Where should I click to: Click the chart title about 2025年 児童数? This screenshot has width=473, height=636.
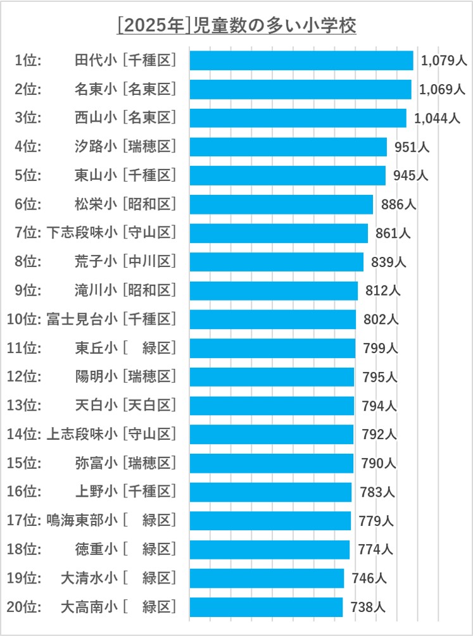(237, 26)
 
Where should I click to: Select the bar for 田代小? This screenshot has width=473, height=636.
(301, 60)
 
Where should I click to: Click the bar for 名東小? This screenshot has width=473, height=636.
(300, 89)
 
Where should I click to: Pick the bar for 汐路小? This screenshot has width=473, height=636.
(287, 147)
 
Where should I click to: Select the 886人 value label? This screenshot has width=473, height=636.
(398, 204)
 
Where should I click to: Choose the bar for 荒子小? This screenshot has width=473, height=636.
(276, 261)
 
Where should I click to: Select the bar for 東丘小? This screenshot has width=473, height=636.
(272, 348)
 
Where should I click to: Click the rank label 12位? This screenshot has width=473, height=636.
(23, 377)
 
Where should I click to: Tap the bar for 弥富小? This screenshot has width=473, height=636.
(271, 463)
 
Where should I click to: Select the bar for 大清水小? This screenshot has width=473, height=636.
(267, 578)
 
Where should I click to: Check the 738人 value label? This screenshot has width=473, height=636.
(368, 607)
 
